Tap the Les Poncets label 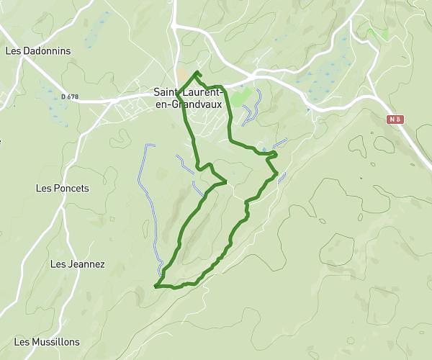pos(62,189)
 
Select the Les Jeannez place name pos(77,264)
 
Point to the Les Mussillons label pos(47,342)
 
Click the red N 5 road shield pos(394,120)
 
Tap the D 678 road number pos(70,96)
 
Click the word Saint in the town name pos(167,92)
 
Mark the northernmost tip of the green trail pos(197,72)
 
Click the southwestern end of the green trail pos(156,286)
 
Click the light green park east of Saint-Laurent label pos(243,96)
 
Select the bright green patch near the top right pos(378,34)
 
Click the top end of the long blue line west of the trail pos(150,146)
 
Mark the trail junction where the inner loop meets pos(226,182)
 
